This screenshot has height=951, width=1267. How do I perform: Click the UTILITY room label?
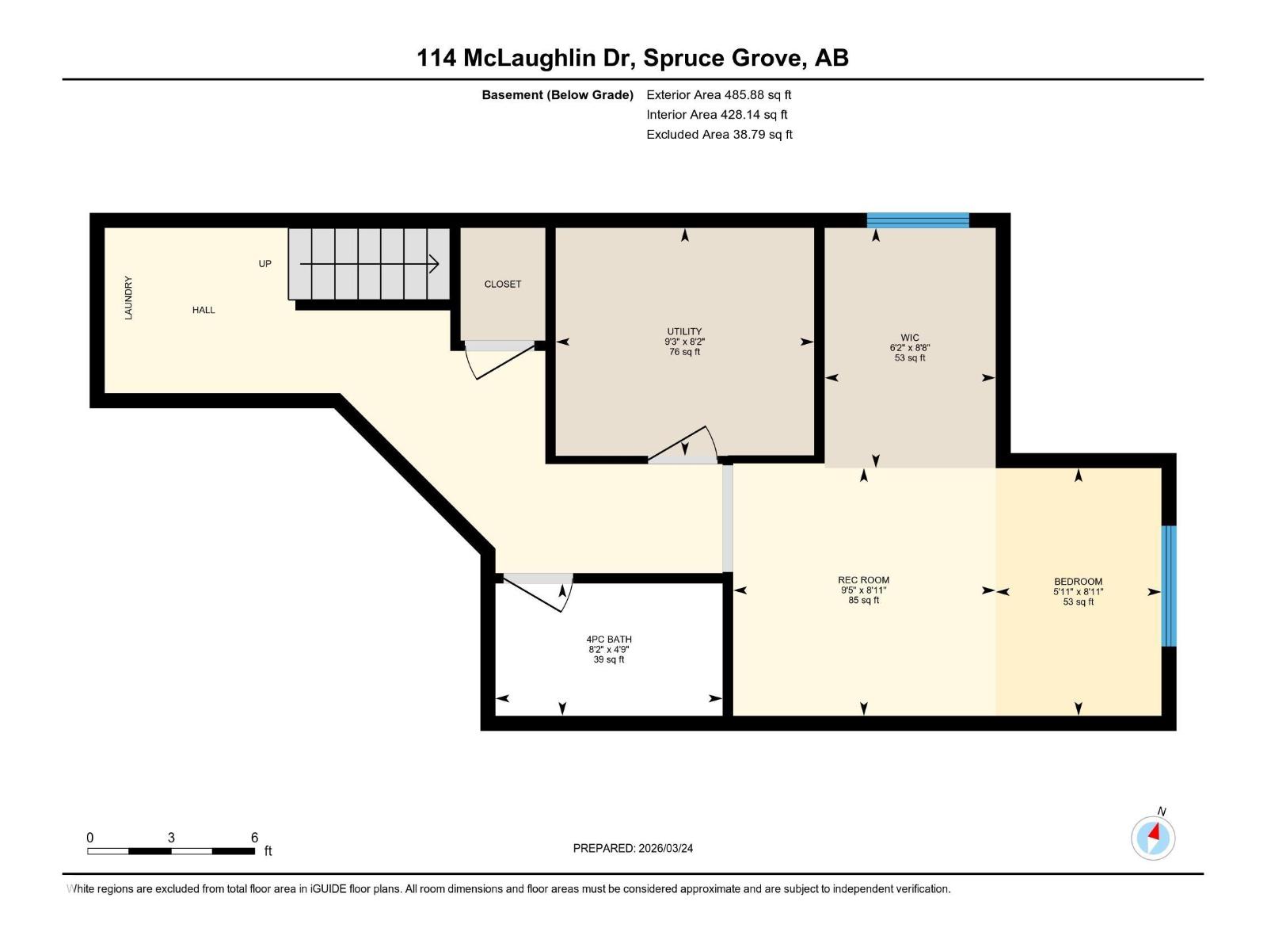(x=684, y=331)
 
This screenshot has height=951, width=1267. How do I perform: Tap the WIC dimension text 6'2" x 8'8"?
(x=910, y=348)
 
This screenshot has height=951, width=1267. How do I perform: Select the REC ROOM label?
(x=863, y=580)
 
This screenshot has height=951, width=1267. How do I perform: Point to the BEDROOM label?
(x=1078, y=582)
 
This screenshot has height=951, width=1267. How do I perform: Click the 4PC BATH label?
(x=609, y=640)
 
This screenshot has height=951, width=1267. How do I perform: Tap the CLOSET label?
(x=503, y=284)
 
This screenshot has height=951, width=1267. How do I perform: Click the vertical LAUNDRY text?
(x=128, y=298)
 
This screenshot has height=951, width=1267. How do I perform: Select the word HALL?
(x=204, y=310)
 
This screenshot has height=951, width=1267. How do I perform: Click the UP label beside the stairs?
(x=264, y=264)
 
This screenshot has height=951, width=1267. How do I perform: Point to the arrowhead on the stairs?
(x=434, y=264)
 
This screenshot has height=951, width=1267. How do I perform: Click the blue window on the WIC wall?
(x=918, y=220)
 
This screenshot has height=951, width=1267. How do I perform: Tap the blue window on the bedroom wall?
(x=1169, y=586)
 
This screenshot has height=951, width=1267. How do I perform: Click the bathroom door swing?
(x=538, y=593)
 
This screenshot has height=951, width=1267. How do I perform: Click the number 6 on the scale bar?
(x=254, y=838)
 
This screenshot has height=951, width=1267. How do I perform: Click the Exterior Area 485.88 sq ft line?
(x=718, y=94)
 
